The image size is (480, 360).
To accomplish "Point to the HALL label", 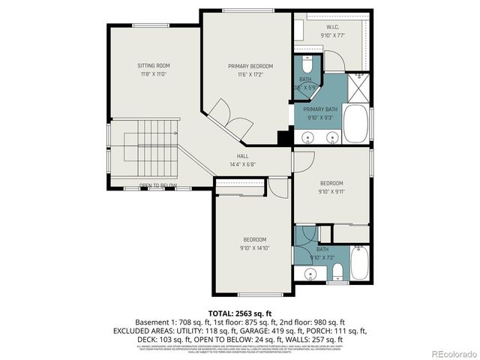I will coord(242,156).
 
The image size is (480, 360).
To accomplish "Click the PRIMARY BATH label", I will coord(320,109).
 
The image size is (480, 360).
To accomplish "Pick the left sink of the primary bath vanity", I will coord(307,137).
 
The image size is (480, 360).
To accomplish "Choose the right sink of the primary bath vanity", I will coord(331,137).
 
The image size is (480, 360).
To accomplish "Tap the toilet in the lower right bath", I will coord(337,270).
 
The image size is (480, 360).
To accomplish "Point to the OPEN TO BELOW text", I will coord(158,185).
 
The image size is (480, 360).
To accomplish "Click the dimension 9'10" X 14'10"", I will coord(254,247).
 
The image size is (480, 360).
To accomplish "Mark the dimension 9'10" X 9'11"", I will coord(331,191).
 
